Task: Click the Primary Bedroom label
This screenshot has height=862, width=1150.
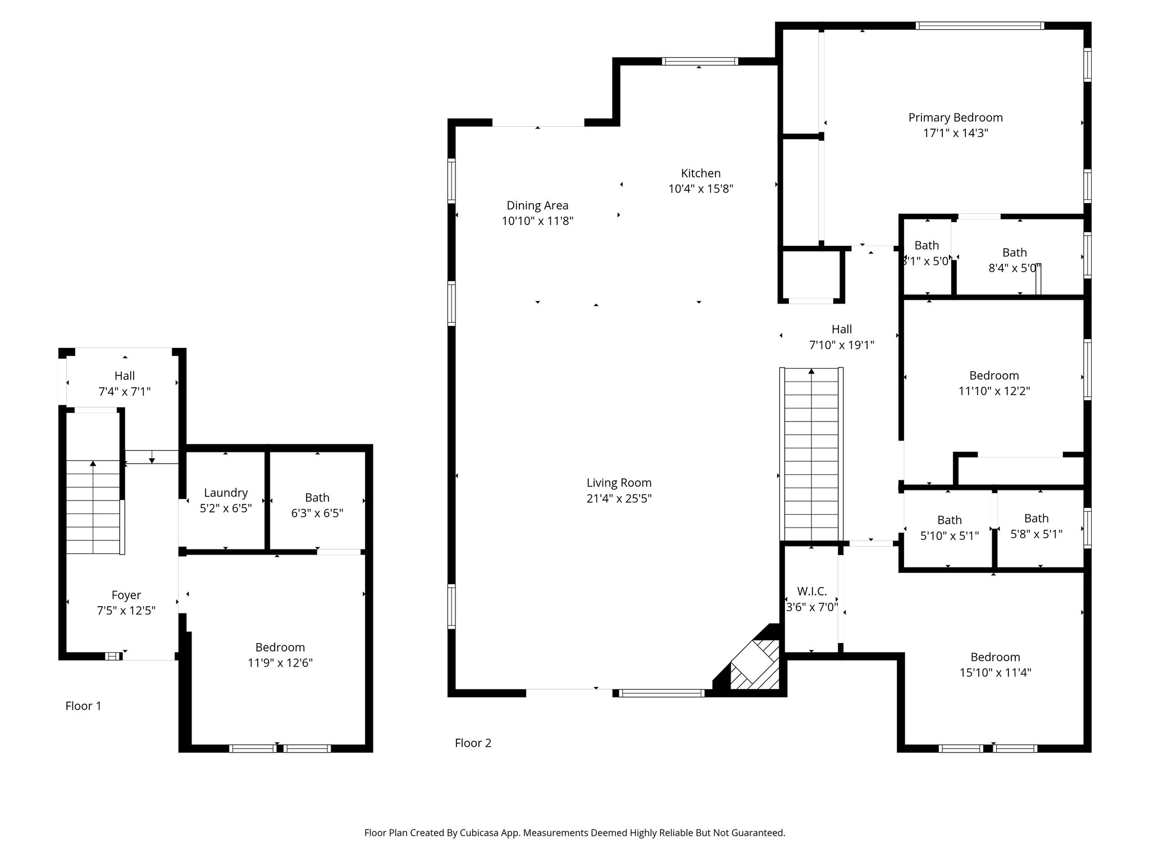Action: [955, 118]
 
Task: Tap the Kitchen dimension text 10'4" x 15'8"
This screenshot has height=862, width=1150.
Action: [701, 189]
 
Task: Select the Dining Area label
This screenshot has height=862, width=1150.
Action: [537, 206]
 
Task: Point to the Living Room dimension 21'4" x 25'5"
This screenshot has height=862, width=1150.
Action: [619, 498]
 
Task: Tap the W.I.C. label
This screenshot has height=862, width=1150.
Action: [811, 591]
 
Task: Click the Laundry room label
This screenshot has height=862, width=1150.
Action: [226, 493]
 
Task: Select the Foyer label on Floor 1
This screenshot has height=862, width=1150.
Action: [126, 595]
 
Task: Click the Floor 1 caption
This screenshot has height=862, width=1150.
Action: [83, 706]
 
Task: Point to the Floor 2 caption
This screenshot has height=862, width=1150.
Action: [473, 743]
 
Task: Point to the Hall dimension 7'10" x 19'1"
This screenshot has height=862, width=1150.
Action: [841, 345]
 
